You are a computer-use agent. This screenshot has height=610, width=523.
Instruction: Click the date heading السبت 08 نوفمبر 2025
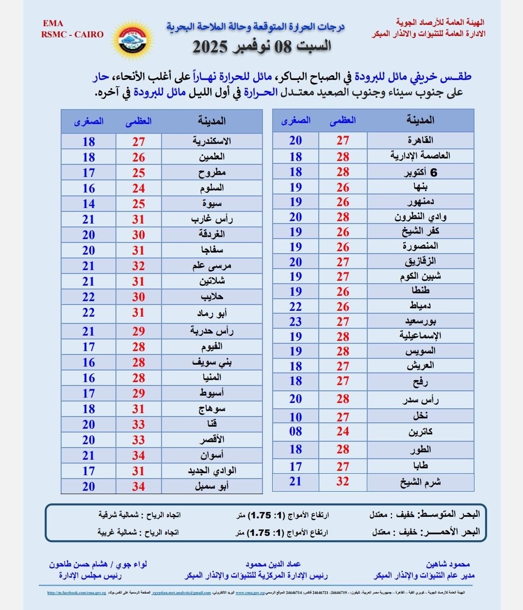pos(262,47)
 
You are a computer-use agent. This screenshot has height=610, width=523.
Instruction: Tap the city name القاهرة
pos(420,140)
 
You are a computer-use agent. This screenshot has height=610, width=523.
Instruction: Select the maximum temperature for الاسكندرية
pos(139,142)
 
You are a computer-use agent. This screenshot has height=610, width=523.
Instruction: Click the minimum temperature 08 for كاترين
pos(295,431)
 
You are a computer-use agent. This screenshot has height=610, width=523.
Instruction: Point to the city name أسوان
pos(212,455)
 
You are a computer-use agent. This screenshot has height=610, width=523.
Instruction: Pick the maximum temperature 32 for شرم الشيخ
pos(343,482)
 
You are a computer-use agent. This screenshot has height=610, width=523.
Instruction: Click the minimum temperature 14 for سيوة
pos(88,204)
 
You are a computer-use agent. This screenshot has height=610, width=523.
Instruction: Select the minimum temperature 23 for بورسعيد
pos(295,321)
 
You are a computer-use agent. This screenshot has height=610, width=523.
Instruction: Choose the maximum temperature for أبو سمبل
pos(139,486)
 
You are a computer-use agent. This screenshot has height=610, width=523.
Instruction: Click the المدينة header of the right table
pos(420,120)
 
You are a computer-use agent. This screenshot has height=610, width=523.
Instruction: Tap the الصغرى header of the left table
pos(88,121)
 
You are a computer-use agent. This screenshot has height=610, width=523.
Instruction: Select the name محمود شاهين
pos(448,564)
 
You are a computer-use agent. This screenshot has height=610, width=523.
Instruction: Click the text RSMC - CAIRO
pos(72,34)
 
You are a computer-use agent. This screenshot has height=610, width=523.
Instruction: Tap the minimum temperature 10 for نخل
pos(295,417)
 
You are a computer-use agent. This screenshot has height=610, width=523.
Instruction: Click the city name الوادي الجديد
pos(212,470)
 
